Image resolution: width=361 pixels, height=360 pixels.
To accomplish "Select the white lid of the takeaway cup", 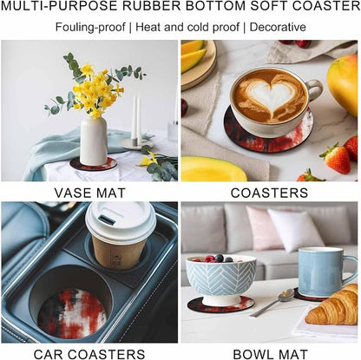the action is click(121, 220).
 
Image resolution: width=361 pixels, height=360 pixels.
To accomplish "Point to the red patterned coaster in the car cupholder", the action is click(71, 313).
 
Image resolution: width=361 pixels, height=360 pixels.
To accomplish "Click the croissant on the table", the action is click(332, 305).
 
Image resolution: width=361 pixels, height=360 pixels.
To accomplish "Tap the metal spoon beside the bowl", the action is click(272, 302).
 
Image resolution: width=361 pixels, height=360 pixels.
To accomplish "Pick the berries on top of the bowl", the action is click(219, 259).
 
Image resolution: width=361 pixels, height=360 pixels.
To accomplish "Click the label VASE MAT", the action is click(90, 193).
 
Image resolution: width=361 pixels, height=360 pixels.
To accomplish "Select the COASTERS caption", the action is click(269, 193).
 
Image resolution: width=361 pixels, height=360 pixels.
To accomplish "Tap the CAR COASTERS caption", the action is click(89, 354).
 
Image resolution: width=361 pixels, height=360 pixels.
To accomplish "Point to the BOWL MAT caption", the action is click(270, 354).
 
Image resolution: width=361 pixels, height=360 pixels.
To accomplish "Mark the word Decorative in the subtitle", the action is click(278, 27).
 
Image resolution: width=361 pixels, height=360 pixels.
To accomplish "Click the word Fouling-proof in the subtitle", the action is click(90, 28).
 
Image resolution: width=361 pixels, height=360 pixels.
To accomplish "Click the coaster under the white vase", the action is click(93, 164).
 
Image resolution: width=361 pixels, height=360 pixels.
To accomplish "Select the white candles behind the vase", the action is click(136, 118).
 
